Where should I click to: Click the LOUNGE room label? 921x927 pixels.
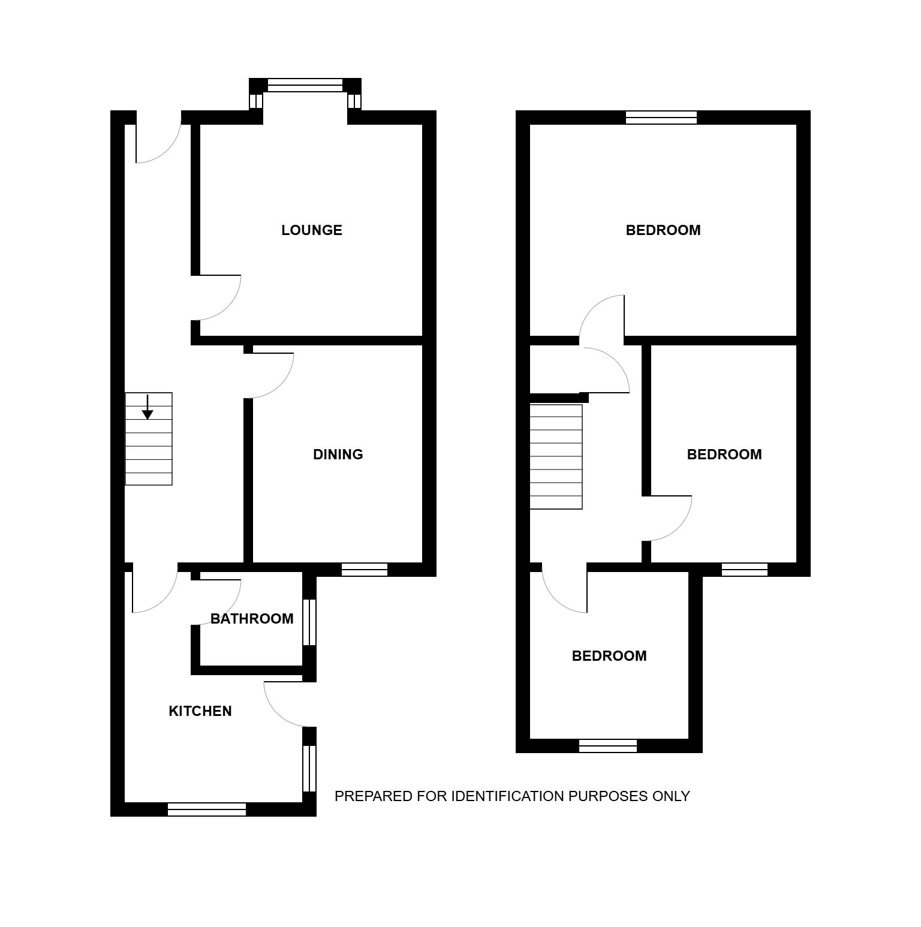coord(312,230)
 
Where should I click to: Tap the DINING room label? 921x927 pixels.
coord(338,455)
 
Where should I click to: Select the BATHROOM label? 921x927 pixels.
coord(252,619)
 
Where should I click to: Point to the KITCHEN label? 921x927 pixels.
coord(200,711)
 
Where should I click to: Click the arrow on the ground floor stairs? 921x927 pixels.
coord(148,407)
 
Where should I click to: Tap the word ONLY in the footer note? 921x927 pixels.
coord(672,796)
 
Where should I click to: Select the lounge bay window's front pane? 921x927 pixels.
coord(305,85)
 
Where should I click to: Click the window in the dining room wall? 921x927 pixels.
coord(365,570)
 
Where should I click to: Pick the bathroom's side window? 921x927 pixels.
coord(309,622)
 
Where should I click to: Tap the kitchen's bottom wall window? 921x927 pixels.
coord(207,809)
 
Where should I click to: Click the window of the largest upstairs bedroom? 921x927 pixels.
coord(661,118)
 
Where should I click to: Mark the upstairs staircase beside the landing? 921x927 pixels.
coord(556,457)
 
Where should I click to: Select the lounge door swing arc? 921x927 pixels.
coord(228,308)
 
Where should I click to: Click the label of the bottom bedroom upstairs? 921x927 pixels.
coord(609,656)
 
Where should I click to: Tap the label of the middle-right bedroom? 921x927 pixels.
coord(724,455)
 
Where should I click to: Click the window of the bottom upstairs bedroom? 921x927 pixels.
coord(608,746)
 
